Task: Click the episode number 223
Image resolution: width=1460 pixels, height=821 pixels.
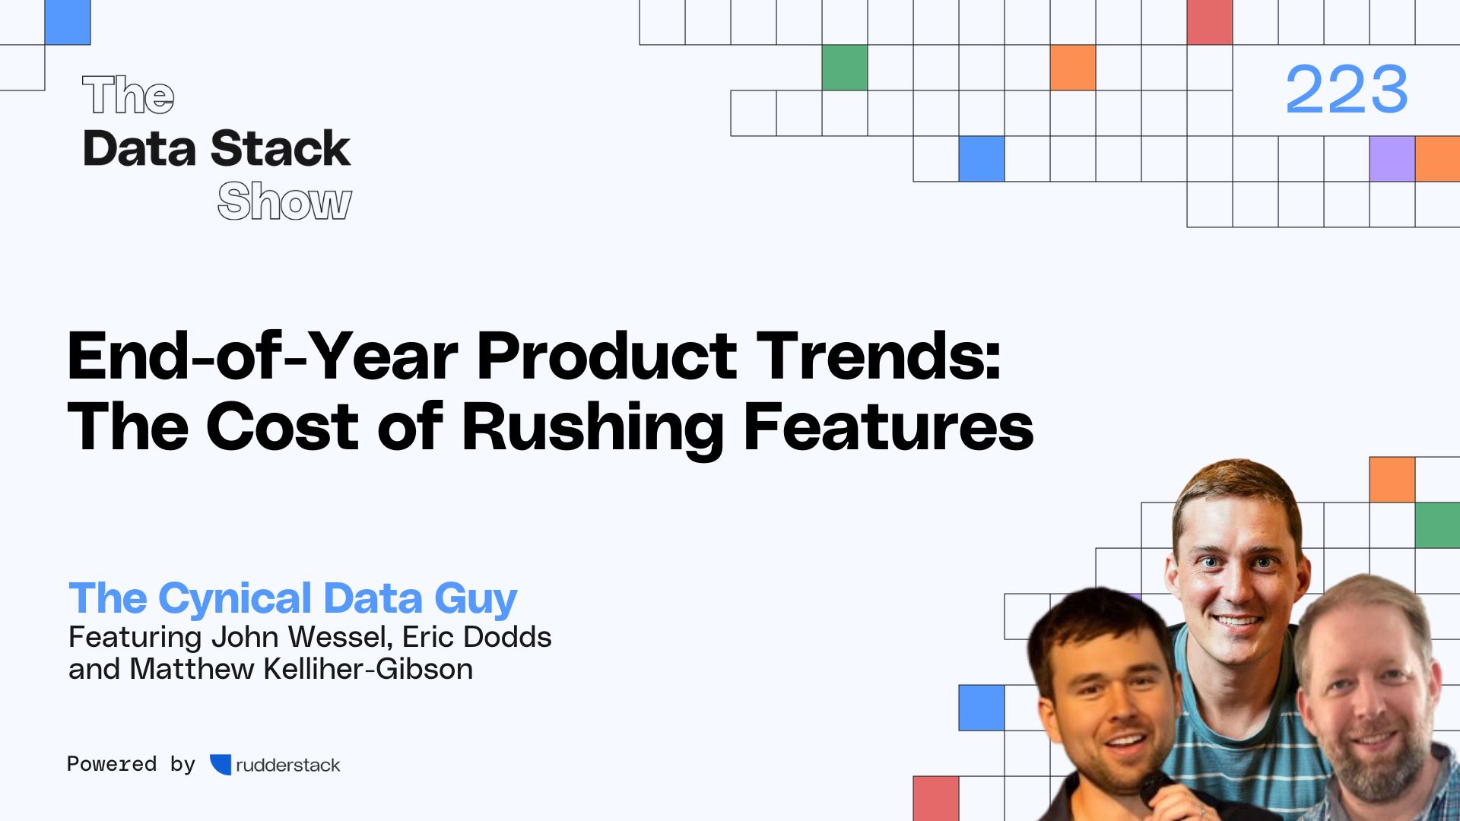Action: coord(1346,90)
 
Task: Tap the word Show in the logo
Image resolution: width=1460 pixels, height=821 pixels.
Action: coord(284,201)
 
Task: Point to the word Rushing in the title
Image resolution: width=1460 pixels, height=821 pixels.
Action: coord(592,428)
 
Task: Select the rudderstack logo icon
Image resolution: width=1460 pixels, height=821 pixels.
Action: coord(221,765)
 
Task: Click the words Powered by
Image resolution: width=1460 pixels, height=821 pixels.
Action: coord(131,764)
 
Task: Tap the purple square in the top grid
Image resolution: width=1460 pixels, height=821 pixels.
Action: coord(1392,159)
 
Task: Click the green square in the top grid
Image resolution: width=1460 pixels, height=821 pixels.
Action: coord(844,68)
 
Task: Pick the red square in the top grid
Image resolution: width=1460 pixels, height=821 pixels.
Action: coord(1209,22)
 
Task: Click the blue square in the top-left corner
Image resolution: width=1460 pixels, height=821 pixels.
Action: coord(68,22)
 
